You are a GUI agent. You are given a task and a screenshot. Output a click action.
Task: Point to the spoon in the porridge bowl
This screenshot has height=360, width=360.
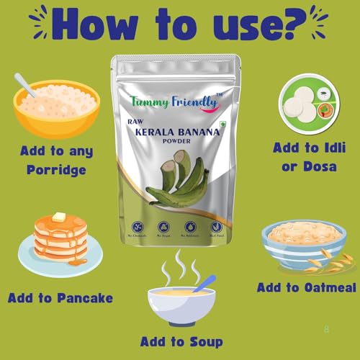27,84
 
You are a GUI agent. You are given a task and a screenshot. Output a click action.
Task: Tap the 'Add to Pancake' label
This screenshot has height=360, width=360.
60,297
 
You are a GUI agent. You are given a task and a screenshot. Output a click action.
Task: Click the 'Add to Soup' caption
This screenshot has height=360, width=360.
180,341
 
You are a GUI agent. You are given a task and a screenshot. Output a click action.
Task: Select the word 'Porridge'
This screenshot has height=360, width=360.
56,170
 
